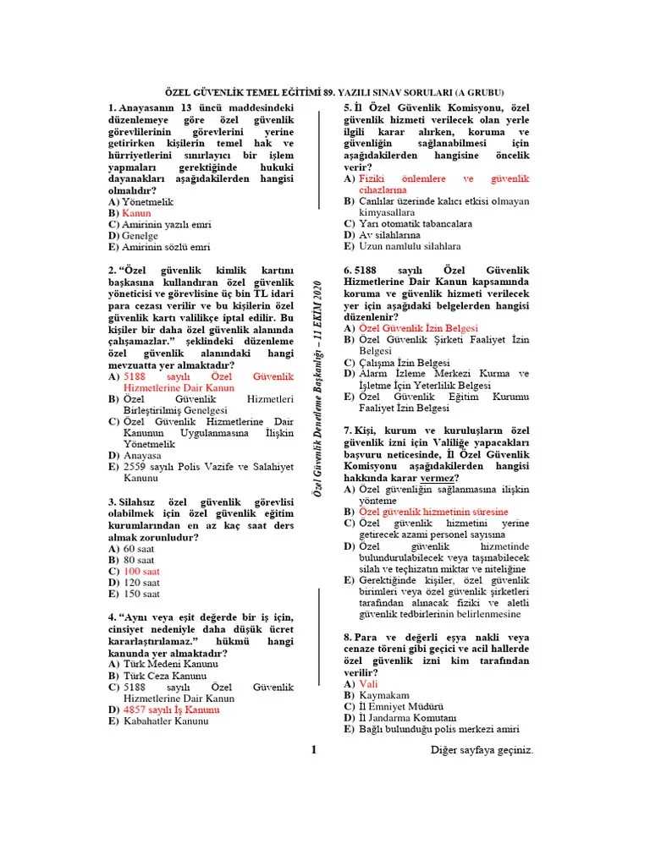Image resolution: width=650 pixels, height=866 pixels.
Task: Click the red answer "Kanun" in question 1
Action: click(x=136, y=214)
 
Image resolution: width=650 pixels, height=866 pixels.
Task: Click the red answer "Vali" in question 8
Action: click(x=367, y=682)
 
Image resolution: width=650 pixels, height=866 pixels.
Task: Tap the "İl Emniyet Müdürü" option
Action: click(x=401, y=706)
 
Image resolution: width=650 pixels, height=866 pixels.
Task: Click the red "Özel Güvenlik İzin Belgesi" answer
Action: click(x=418, y=327)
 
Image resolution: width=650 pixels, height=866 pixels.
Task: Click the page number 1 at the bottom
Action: click(x=313, y=749)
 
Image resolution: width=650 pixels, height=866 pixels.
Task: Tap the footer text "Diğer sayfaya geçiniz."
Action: click(x=482, y=750)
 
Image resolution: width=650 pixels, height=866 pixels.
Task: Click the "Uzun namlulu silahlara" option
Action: click(x=410, y=247)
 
